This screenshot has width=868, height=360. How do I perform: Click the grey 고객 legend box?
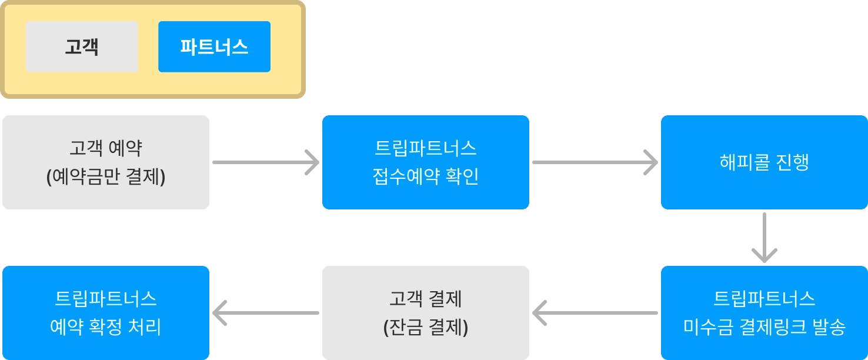pos(82,46)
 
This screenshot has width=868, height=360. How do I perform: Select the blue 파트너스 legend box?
pos(214,46)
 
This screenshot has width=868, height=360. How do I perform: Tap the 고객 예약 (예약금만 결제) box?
pos(106,162)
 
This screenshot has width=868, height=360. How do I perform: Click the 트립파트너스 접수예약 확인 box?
pos(426,162)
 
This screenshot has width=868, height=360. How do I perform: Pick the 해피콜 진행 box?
pos(764,162)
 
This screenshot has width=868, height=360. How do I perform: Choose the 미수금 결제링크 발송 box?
pos(764,312)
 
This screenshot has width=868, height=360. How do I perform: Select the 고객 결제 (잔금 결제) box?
pos(426,312)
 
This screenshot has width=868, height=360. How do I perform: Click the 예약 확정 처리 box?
pos(106,312)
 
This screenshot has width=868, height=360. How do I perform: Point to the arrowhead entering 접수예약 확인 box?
pos(310,162)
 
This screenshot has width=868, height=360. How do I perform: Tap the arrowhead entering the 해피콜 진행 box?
pos(649,162)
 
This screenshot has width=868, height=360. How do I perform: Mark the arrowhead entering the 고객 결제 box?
pos(542,312)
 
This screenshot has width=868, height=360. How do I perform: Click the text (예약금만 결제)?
pos(106,177)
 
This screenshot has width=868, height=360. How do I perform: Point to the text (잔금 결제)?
pos(426,327)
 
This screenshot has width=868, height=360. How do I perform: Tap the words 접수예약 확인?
pos(426,177)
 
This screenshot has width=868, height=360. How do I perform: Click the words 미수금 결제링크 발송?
pos(764,327)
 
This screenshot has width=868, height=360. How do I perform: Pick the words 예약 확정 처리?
pos(106,327)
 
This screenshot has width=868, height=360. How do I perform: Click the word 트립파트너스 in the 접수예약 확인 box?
pos(426,148)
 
